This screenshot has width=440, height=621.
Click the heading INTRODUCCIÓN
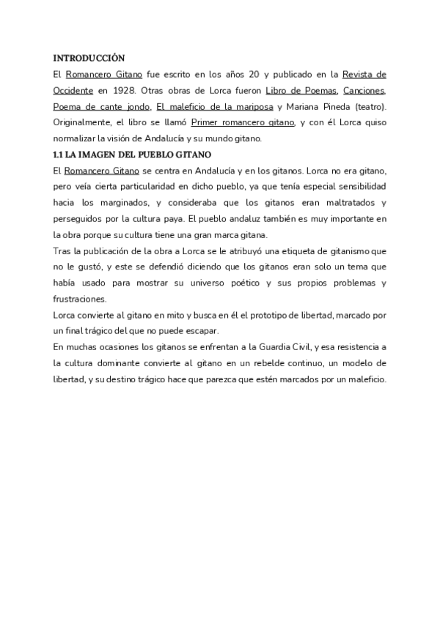tap(89, 58)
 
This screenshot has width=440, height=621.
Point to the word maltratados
tap(344, 203)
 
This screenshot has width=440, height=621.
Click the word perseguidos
tap(80, 219)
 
